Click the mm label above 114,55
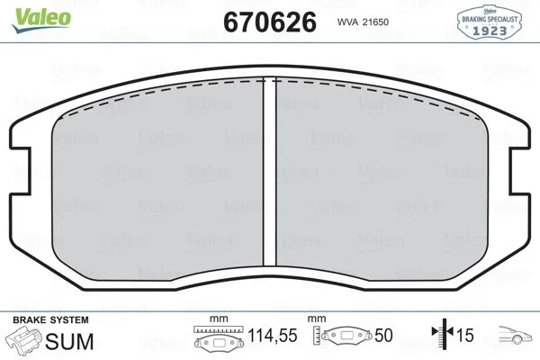217,319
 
